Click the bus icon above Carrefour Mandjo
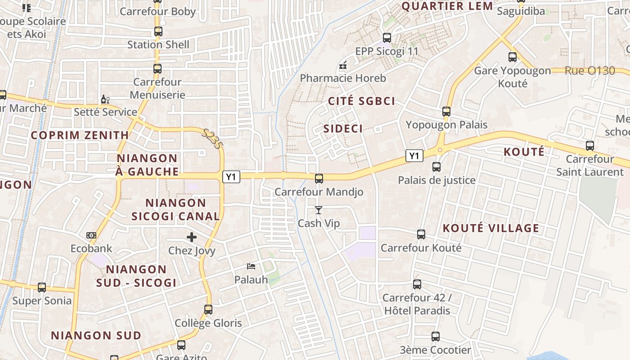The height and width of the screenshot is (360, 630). pyautogui.click(x=319, y=179)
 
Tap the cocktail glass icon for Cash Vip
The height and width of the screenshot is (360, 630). pyautogui.click(x=319, y=210)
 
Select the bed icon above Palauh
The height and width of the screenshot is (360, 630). pyautogui.click(x=251, y=266)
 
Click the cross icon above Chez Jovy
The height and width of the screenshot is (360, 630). pyautogui.click(x=192, y=237)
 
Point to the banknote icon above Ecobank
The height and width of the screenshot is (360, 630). pyautogui.click(x=91, y=235)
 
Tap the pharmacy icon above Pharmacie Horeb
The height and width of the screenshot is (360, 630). pyautogui.click(x=343, y=66)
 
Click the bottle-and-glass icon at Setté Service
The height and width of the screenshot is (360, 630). pyautogui.click(x=105, y=99)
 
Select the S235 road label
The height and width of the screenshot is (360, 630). pyautogui.click(x=212, y=139)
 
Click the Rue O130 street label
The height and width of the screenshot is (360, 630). pyautogui.click(x=589, y=71)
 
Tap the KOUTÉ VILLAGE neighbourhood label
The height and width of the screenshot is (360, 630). pyautogui.click(x=490, y=228)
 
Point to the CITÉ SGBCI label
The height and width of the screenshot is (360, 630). pyautogui.click(x=361, y=101)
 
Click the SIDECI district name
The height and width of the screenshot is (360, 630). pyautogui.click(x=343, y=129)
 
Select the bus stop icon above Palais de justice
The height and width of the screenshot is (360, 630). pyautogui.click(x=436, y=167)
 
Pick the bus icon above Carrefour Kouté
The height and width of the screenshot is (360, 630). pyautogui.click(x=421, y=234)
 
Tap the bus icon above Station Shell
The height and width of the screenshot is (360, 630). pyautogui.click(x=158, y=31)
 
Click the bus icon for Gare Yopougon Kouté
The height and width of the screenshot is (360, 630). pyautogui.click(x=512, y=57)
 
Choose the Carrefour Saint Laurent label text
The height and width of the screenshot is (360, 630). pyautogui.click(x=589, y=166)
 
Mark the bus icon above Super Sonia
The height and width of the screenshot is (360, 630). pyautogui.click(x=42, y=287)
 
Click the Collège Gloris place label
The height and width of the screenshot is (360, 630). pyautogui.click(x=208, y=323)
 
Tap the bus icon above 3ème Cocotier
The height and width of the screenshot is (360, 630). pyautogui.click(x=435, y=337)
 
